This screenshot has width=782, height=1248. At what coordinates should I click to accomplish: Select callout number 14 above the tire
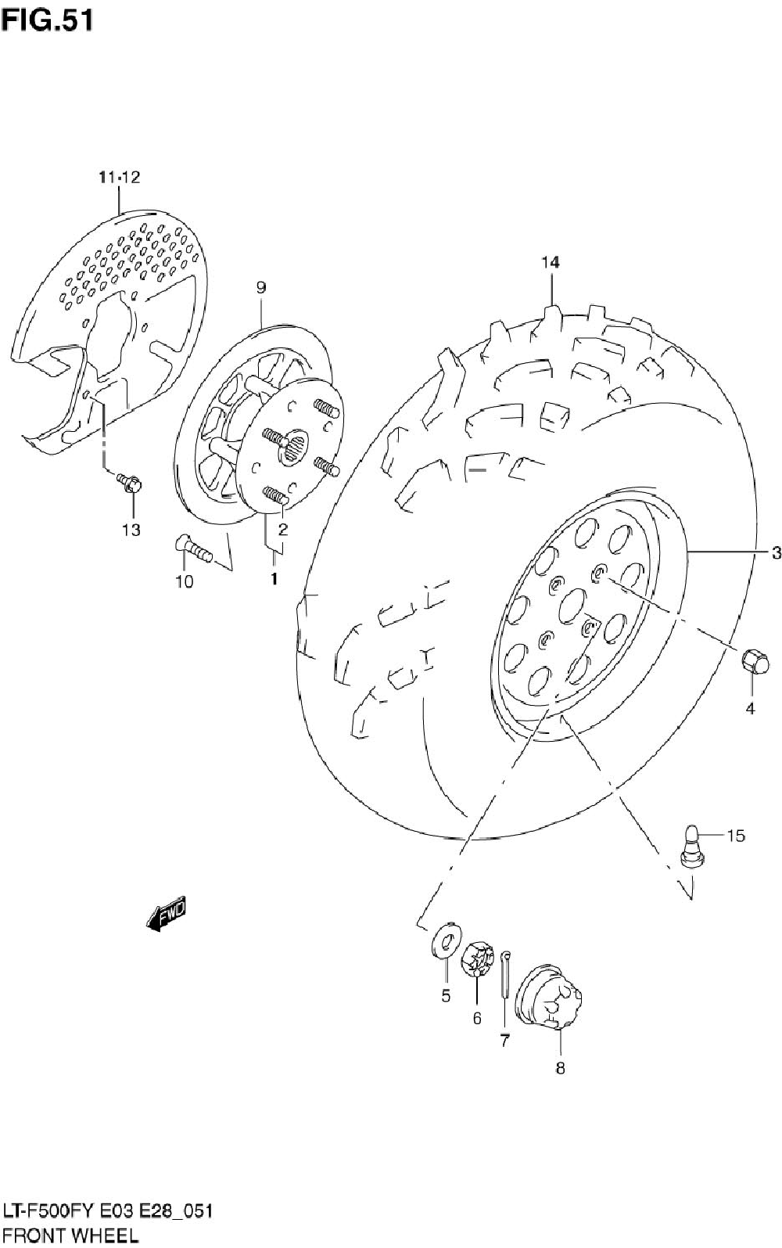(551, 262)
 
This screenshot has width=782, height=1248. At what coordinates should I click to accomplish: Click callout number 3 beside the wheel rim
(775, 553)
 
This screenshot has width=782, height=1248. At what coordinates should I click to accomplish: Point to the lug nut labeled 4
(755, 663)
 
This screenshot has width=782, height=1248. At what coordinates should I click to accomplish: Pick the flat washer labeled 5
(447, 940)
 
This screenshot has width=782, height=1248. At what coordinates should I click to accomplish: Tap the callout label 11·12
(119, 178)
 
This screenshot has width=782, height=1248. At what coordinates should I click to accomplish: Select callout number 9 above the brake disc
(260, 288)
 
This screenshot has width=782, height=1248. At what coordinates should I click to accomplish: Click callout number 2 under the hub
(282, 529)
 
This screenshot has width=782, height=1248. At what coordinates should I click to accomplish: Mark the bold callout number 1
(274, 580)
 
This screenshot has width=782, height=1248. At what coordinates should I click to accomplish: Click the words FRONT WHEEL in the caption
(70, 1235)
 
